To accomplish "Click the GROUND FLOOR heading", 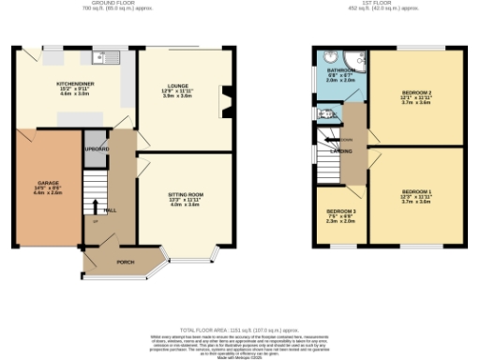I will pos(127,4).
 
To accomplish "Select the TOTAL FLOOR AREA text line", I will pos(238,330).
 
